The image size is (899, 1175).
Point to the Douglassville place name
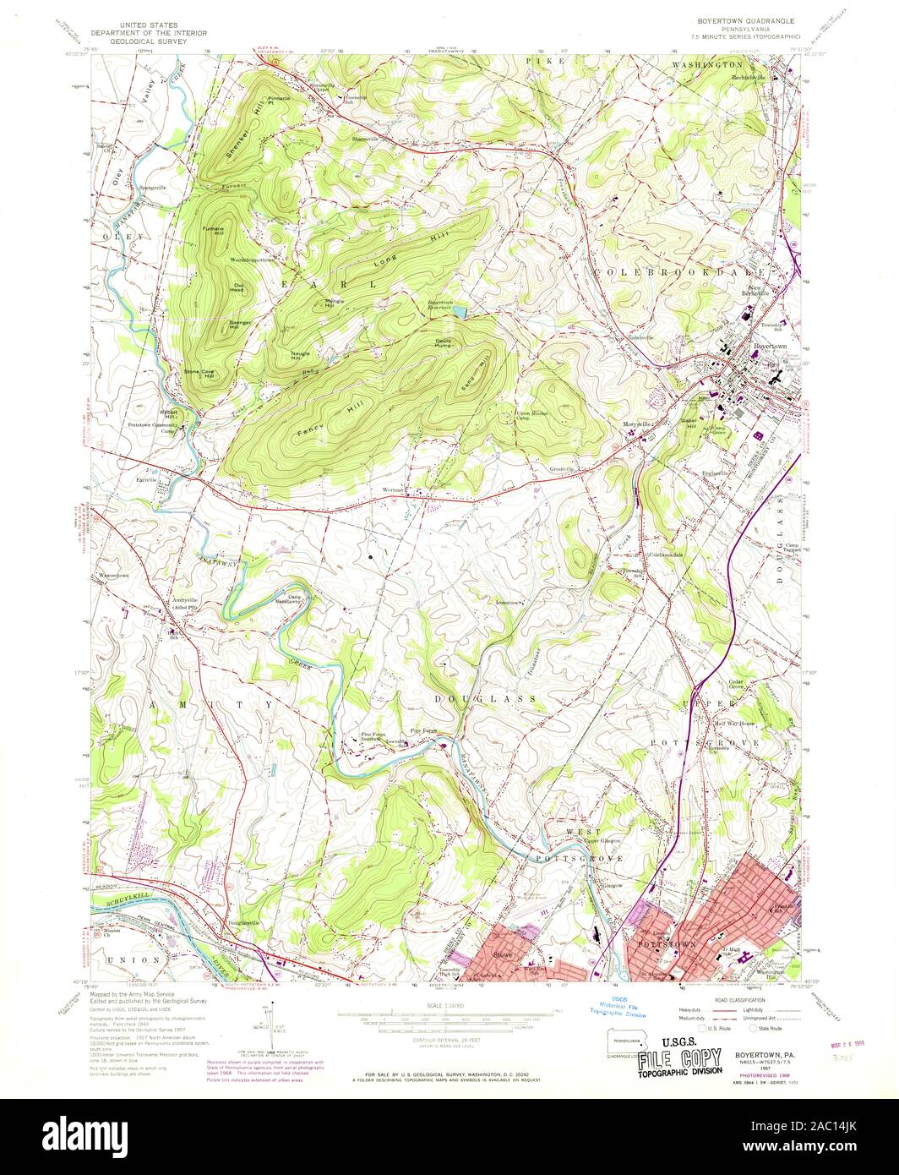pyautogui.click(x=243, y=922)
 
